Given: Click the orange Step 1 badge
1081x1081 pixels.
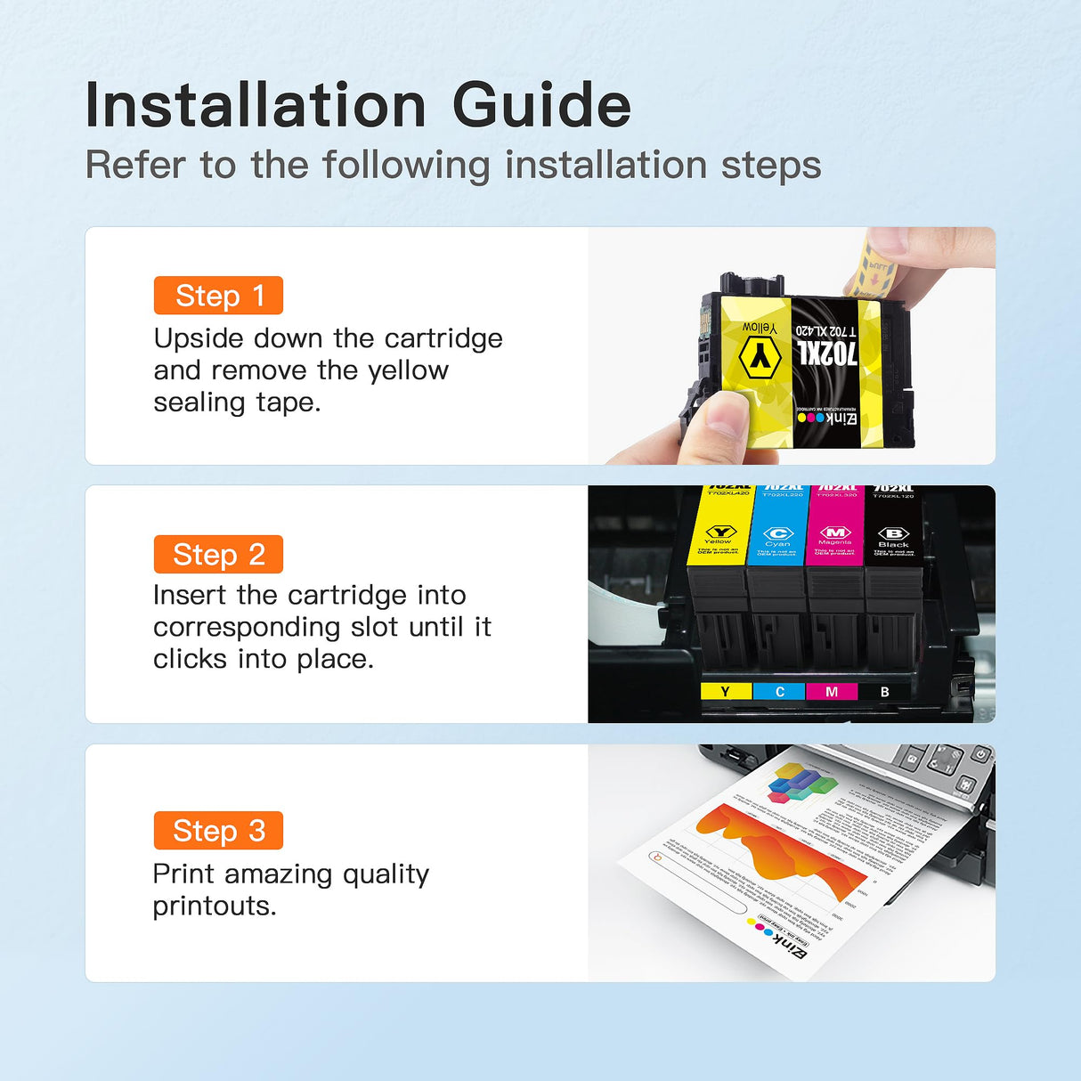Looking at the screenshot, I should coord(218,296).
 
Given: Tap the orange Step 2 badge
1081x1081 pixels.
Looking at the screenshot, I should coord(218,555).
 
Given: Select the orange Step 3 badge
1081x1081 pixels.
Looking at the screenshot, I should coord(218,831).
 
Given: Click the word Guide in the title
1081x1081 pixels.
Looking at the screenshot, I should coord(541,106).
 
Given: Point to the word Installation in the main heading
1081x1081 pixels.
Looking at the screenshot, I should coord(256,106).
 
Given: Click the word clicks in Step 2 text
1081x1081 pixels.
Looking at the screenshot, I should coord(190,659).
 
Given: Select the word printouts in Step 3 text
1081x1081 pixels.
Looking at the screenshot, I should coord(214,906).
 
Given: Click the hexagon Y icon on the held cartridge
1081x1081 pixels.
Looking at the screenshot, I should coord(760,358).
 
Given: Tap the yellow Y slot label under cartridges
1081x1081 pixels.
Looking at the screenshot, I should coord(726,692).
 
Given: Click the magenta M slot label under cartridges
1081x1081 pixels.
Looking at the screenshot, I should coord(832,692).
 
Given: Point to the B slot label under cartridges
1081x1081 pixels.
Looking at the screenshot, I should coord(884,692).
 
